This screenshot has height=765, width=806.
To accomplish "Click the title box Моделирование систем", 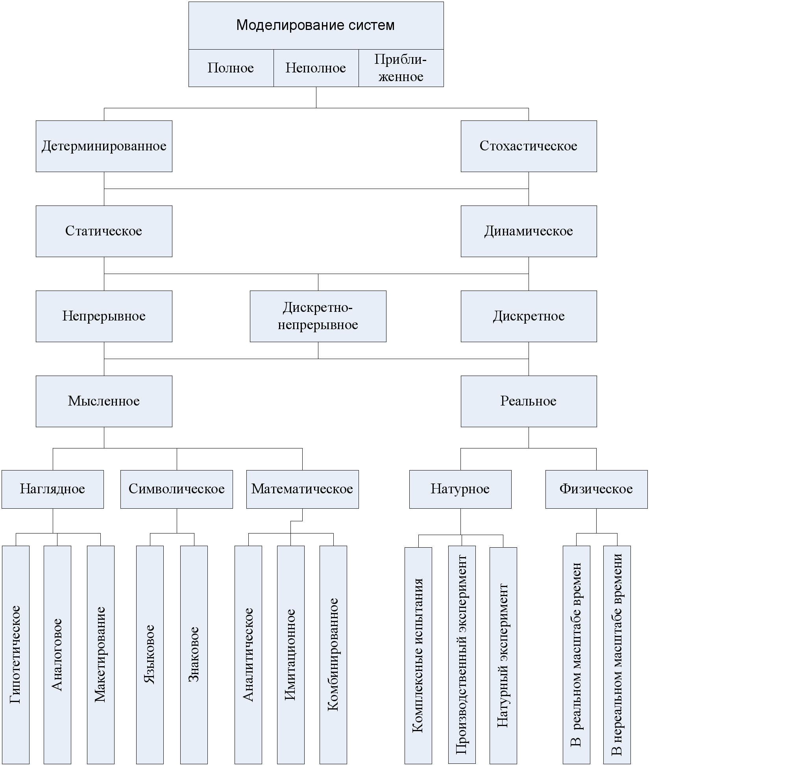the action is [x=316, y=26].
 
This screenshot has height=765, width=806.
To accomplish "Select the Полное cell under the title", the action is [x=231, y=68].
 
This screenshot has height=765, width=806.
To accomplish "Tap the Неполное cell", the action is [x=316, y=68].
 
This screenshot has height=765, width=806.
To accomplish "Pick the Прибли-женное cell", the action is [x=401, y=68].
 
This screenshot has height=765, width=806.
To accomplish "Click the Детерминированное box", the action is [x=104, y=146].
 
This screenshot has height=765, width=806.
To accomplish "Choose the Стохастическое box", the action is [x=529, y=146].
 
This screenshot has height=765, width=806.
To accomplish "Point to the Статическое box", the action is [x=104, y=231].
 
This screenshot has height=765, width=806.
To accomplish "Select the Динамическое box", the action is [x=529, y=231].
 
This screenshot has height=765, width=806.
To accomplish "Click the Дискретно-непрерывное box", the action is [x=318, y=317].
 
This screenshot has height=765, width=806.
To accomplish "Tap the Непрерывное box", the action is [x=104, y=317].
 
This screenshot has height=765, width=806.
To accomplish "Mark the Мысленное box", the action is [x=104, y=401].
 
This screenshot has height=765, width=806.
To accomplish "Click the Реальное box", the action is [x=529, y=401].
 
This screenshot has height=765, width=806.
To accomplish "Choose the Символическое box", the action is [x=177, y=489].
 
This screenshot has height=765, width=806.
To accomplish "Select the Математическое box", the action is [x=303, y=489].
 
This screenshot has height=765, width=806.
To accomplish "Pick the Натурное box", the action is [x=460, y=489].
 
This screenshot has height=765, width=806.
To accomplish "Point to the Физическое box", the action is [x=597, y=489].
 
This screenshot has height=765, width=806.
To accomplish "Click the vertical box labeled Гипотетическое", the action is [x=16, y=655].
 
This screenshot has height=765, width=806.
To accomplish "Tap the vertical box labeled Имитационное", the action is [x=291, y=655].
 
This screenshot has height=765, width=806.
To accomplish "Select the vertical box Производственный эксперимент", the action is [x=462, y=655].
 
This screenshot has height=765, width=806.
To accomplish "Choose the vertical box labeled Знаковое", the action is [x=194, y=655].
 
